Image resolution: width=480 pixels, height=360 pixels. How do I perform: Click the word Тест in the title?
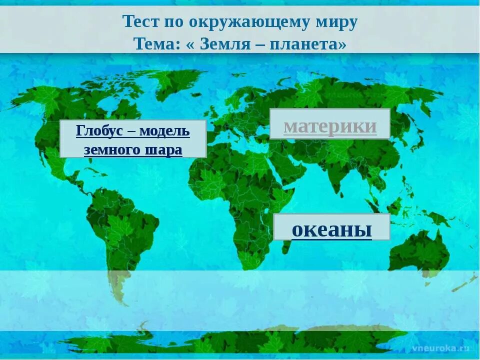point(137,22)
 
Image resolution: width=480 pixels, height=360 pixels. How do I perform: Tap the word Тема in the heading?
point(152,43)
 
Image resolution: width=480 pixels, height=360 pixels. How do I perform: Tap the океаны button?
point(331,229)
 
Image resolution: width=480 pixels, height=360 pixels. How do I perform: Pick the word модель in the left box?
point(164,131)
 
